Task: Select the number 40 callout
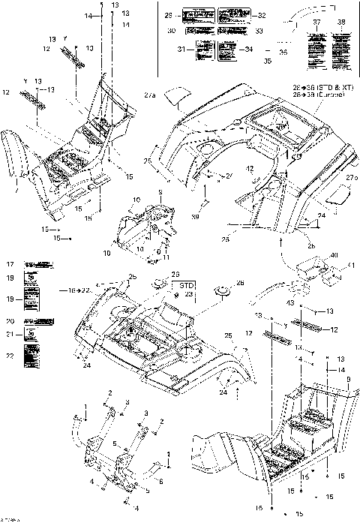tap(333, 254)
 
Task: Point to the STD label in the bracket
tap(186, 286)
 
